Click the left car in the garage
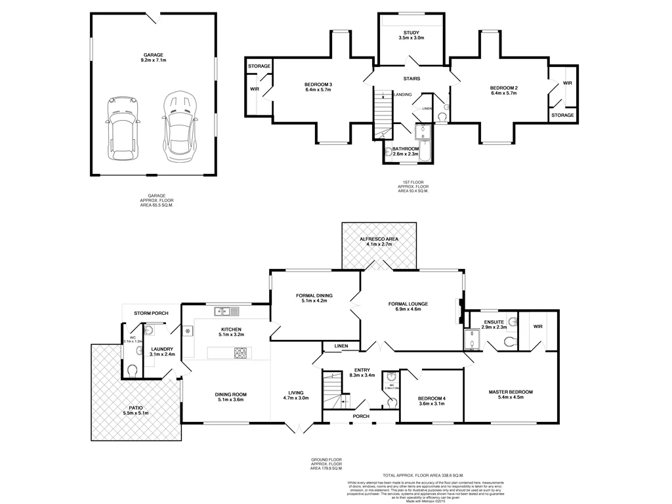click(119, 129)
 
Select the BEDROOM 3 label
click(318, 85)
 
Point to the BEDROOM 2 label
click(503, 89)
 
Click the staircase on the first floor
click(382, 115)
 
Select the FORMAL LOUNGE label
click(408, 304)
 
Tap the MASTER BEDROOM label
click(511, 392)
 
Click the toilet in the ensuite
click(509, 340)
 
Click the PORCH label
click(360, 416)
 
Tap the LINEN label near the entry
click(341, 345)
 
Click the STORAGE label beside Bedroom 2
click(562, 115)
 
